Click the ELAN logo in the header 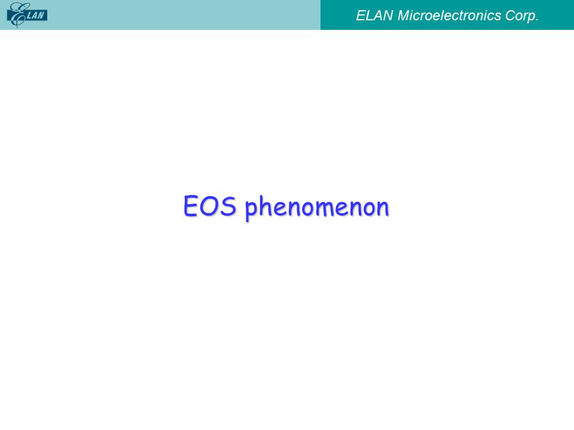[27, 15]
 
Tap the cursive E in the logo [17, 15]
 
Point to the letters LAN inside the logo [35, 16]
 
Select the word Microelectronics [449, 16]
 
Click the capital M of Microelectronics [404, 16]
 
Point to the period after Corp [537, 20]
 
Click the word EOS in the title [210, 206]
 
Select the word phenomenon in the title [317, 208]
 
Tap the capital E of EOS [191, 206]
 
